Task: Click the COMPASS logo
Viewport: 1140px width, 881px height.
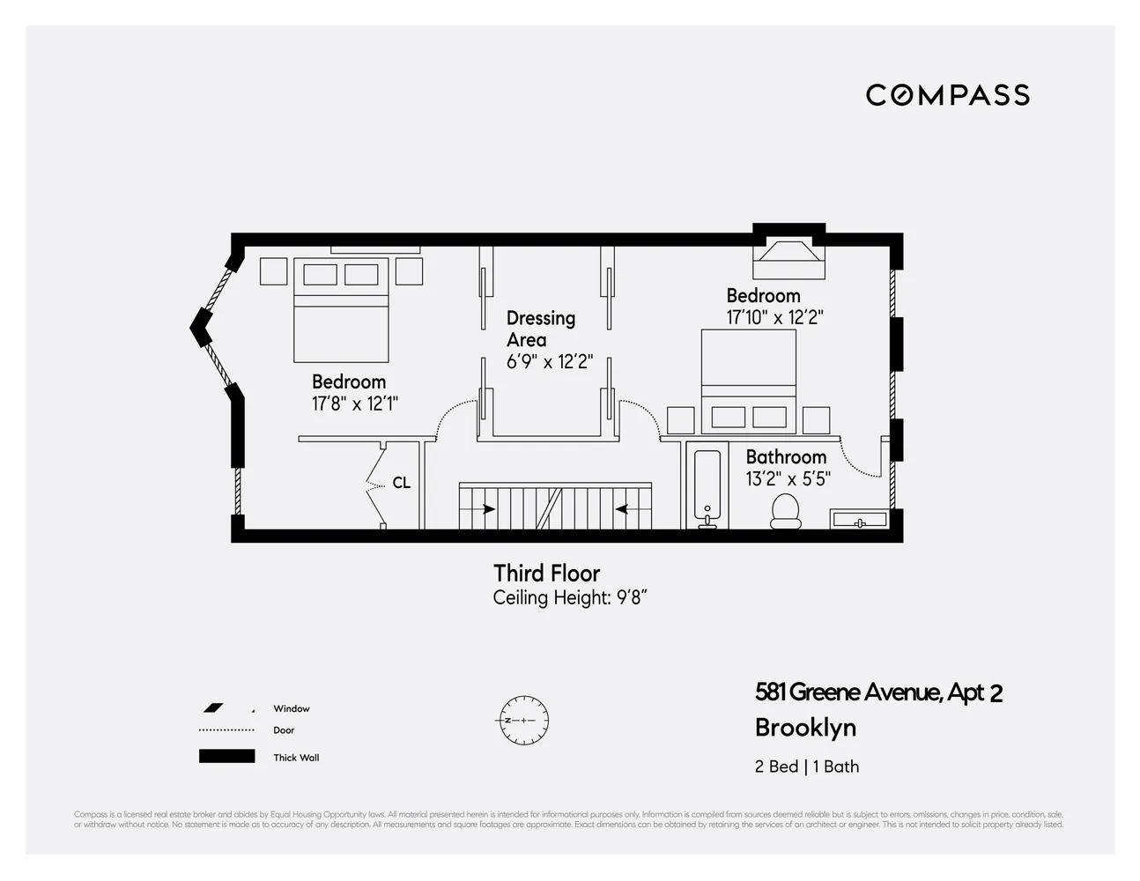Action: click(x=947, y=95)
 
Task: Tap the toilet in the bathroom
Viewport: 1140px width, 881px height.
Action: click(x=785, y=511)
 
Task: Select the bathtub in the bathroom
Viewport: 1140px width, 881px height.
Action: click(x=707, y=488)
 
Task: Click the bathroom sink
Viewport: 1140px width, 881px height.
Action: click(x=859, y=521)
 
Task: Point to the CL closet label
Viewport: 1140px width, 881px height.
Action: click(x=401, y=484)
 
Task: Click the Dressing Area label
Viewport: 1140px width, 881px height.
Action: click(x=540, y=329)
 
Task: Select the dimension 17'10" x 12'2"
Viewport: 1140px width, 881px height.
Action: click(x=774, y=318)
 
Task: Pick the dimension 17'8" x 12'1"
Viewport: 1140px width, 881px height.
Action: click(x=355, y=404)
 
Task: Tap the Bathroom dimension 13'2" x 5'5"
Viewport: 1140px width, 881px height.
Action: click(x=788, y=480)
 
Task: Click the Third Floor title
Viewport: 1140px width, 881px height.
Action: click(x=546, y=574)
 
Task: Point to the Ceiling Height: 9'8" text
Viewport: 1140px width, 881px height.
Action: click(x=570, y=598)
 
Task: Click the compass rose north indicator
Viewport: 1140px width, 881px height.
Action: click(x=523, y=721)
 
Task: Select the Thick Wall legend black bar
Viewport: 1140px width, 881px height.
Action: click(x=226, y=757)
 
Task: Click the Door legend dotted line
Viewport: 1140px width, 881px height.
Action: click(x=226, y=730)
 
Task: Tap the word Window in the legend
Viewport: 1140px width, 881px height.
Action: click(x=291, y=708)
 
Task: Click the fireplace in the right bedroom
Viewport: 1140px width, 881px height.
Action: click(x=788, y=255)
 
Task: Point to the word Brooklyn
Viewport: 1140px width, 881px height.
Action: click(x=805, y=729)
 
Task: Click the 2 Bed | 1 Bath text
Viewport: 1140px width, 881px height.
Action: click(x=806, y=766)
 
